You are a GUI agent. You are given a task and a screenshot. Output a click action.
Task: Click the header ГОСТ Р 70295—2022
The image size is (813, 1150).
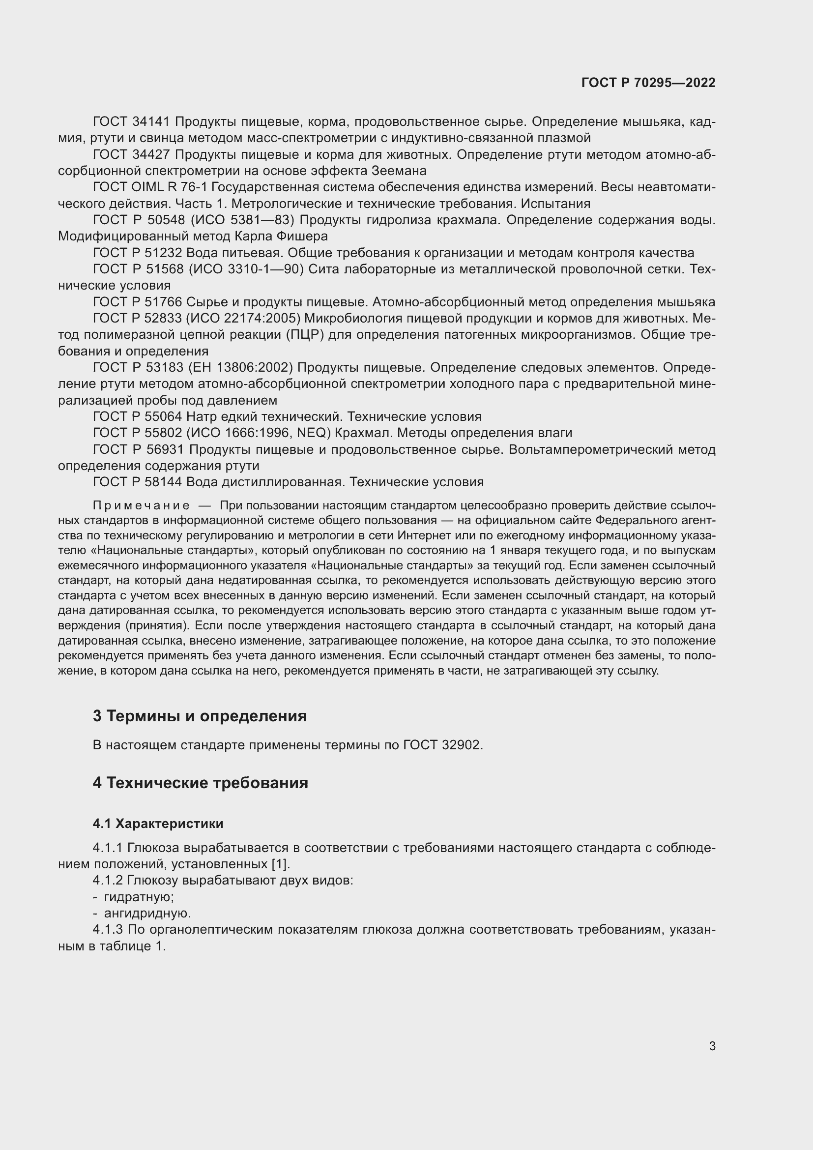point(648,83)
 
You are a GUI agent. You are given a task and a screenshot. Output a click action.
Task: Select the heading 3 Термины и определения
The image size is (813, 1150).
point(199,716)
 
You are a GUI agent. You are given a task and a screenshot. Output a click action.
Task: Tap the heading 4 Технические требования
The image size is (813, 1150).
point(200,783)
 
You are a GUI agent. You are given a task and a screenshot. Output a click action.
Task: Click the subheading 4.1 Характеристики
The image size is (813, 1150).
point(158,824)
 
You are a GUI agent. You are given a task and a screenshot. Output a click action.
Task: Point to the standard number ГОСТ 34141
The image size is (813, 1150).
point(132,122)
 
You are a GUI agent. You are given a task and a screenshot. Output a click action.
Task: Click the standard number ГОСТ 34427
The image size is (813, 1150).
point(132,155)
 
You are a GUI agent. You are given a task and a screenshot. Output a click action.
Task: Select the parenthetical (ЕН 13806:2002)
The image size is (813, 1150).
point(240,368)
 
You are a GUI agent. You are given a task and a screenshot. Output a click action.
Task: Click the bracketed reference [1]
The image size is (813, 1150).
point(280,864)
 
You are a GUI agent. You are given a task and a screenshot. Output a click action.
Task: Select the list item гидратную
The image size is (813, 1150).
point(139,897)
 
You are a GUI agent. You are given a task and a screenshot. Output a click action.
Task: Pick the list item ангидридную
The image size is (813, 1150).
point(147,914)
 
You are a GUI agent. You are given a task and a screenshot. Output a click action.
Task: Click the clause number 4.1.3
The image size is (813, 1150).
point(108,930)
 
